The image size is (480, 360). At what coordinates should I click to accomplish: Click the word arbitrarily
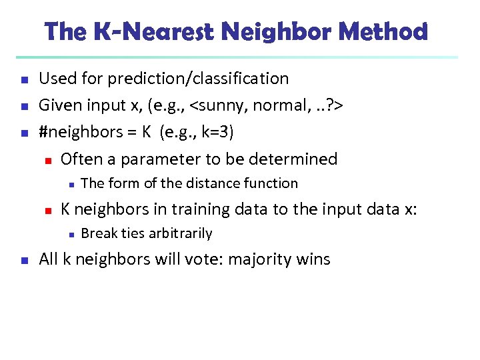pos(179,233)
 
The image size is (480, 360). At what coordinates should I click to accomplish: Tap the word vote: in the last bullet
pos(204,259)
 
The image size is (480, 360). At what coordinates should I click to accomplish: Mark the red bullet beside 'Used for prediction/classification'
pos(23,79)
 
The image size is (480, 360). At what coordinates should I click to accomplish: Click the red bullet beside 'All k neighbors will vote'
pos(23,260)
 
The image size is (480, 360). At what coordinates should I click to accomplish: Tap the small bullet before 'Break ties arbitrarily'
pos(71,234)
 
